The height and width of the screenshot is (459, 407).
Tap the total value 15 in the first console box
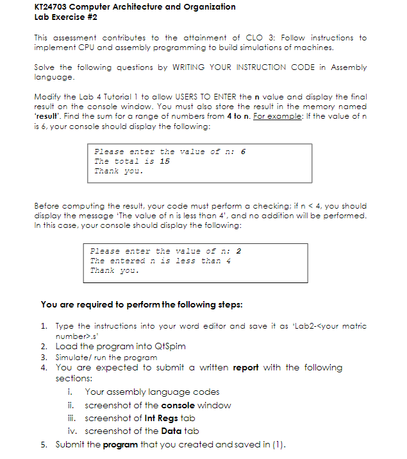click(164, 161)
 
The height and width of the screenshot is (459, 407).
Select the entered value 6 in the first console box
click(243, 152)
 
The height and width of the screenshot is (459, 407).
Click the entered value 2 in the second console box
click(238, 251)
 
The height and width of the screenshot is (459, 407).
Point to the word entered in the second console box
click(127, 261)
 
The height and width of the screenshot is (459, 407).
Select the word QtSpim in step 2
click(168, 346)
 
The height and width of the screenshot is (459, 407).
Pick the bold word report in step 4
click(245, 368)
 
